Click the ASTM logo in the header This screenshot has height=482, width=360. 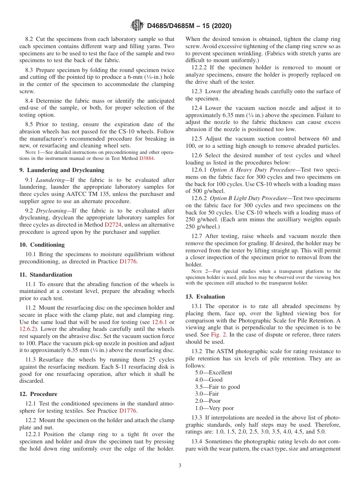[x=137, y=26]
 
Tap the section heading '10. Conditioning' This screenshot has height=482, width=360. [x=42, y=245]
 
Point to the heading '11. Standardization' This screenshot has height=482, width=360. [x=45, y=275]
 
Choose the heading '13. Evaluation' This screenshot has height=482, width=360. [x=205, y=297]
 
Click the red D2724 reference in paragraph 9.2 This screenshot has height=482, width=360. [x=113, y=225]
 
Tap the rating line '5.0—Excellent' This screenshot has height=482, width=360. [x=213, y=372]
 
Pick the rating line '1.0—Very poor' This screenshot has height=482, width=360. [x=214, y=408]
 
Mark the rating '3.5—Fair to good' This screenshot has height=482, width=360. [x=217, y=387]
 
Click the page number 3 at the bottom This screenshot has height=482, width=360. [x=180, y=466]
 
